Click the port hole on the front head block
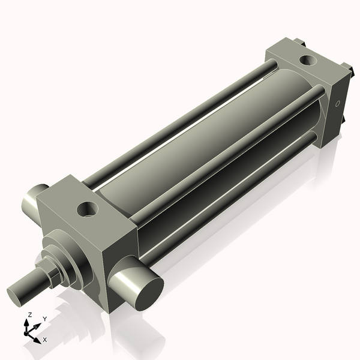88,209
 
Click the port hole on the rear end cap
307,60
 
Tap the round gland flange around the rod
69,255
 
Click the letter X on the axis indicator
45,340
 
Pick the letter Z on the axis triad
30,314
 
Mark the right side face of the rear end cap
336,111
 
